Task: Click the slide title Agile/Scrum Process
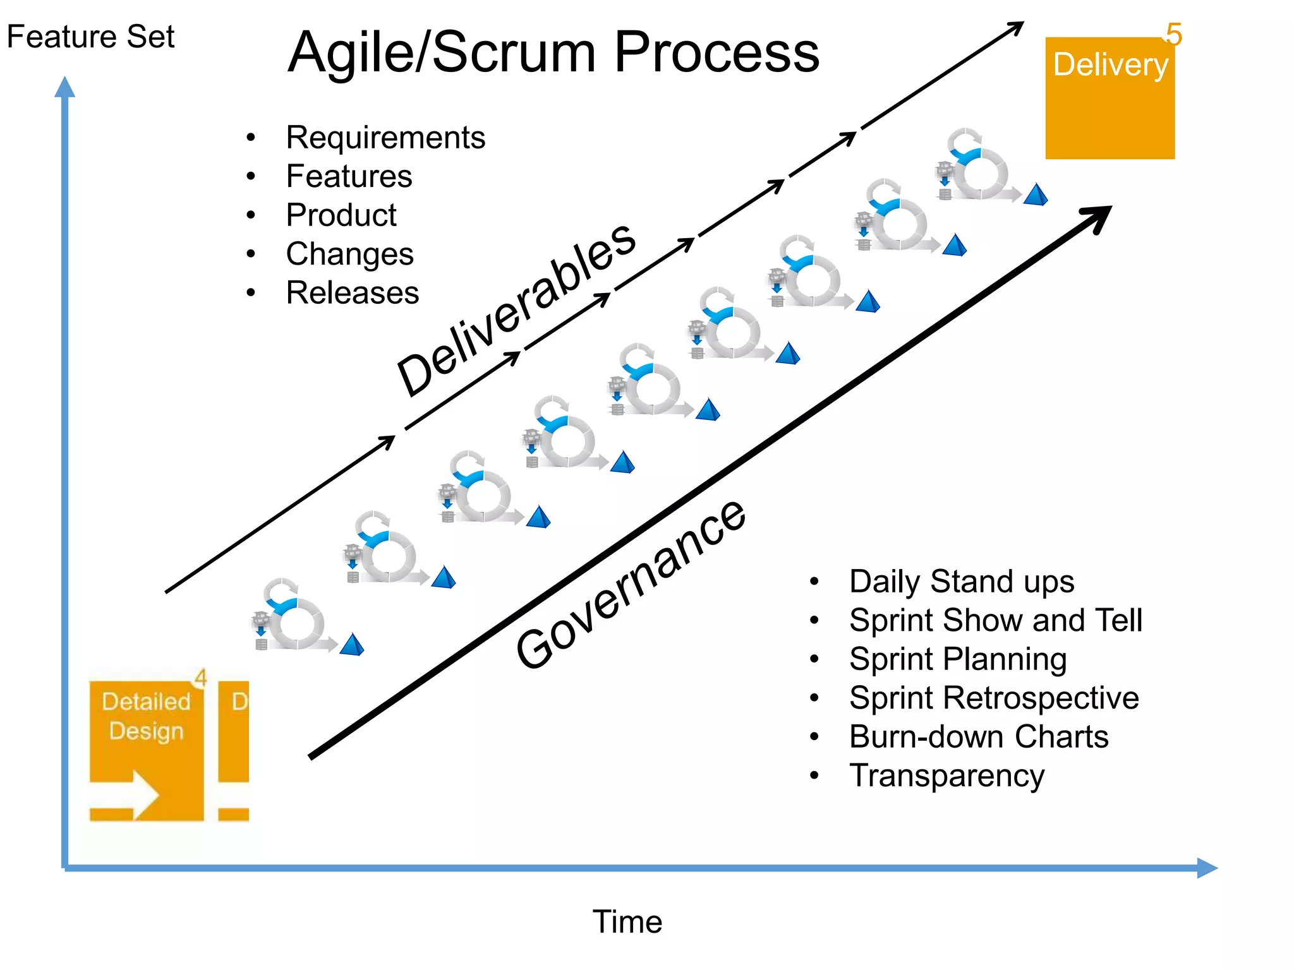(x=553, y=52)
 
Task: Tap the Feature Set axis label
(x=90, y=37)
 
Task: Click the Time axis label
(x=627, y=921)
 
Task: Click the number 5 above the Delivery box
(x=1174, y=35)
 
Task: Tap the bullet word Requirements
(x=385, y=138)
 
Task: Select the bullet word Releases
(x=352, y=293)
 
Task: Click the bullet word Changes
(x=349, y=254)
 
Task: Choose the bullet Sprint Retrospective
(x=994, y=698)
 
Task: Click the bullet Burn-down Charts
(x=979, y=737)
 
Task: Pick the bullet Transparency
(x=946, y=776)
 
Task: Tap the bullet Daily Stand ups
(x=961, y=582)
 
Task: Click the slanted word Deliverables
(x=516, y=309)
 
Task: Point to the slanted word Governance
(x=631, y=584)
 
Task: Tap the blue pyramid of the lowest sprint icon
(x=352, y=645)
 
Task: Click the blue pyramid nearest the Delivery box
(x=1036, y=195)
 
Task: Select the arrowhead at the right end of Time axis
(x=1207, y=868)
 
